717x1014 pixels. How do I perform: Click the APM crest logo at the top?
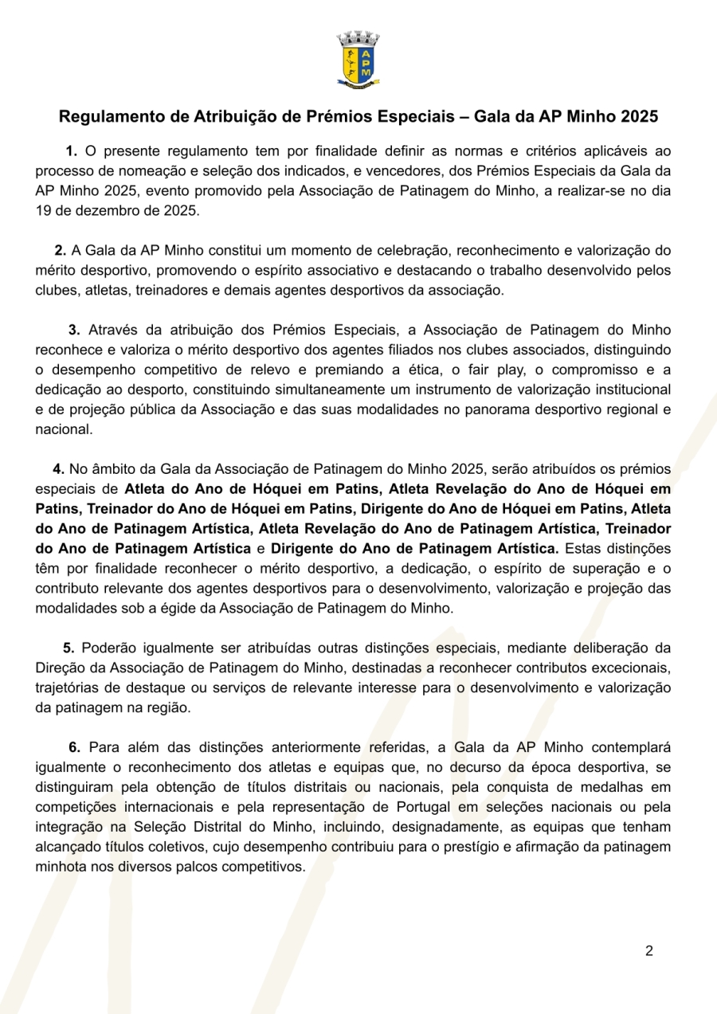pyautogui.click(x=358, y=59)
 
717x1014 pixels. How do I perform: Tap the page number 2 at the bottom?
pyautogui.click(x=648, y=950)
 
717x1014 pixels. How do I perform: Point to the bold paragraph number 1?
pyautogui.click(x=71, y=151)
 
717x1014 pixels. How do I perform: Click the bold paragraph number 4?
pyautogui.click(x=58, y=468)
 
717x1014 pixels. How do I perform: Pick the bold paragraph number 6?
pyautogui.click(x=74, y=747)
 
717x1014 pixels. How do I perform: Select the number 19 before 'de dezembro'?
pyautogui.click(x=43, y=211)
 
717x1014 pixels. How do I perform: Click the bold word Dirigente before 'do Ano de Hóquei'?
pyautogui.click(x=396, y=507)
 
